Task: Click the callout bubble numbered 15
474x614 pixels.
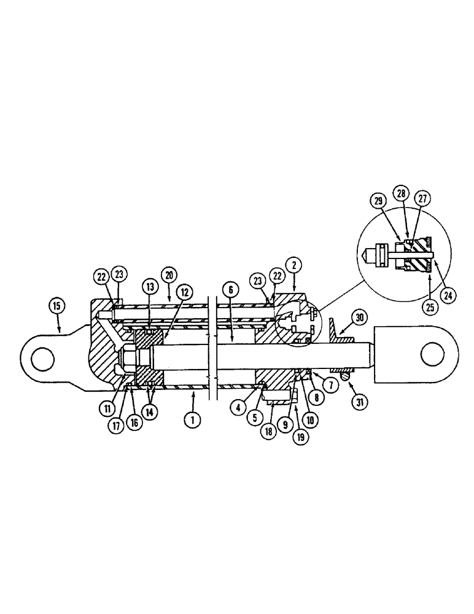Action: pyautogui.click(x=57, y=304)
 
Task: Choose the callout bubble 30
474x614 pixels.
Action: pyautogui.click(x=359, y=317)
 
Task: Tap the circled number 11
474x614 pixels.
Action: pyautogui.click(x=109, y=407)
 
